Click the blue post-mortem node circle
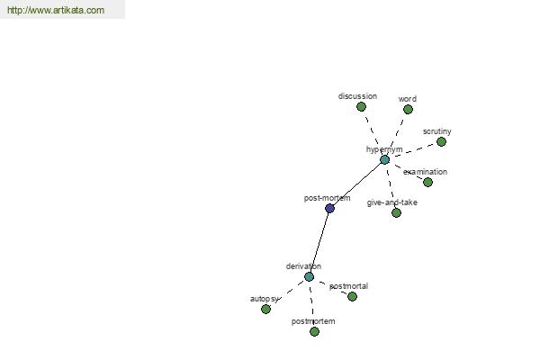[x=329, y=208]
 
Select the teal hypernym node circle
[x=384, y=159]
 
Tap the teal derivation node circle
[x=309, y=276]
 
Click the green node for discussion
[x=361, y=106]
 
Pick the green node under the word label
[x=408, y=109]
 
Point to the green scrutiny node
[x=441, y=141]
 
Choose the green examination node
[x=427, y=182]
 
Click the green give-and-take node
[x=396, y=212]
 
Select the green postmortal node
[x=352, y=296]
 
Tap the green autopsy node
[x=265, y=309]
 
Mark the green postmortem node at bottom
[x=314, y=331]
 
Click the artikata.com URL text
[x=56, y=10]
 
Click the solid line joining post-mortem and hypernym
[x=357, y=184]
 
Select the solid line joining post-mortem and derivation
[x=319, y=242]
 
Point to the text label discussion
[x=357, y=96]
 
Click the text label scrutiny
[x=437, y=131]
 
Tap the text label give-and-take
[x=391, y=202]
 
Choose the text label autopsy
[x=264, y=299]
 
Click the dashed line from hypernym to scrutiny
[x=413, y=150]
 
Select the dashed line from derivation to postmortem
[x=311, y=304]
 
